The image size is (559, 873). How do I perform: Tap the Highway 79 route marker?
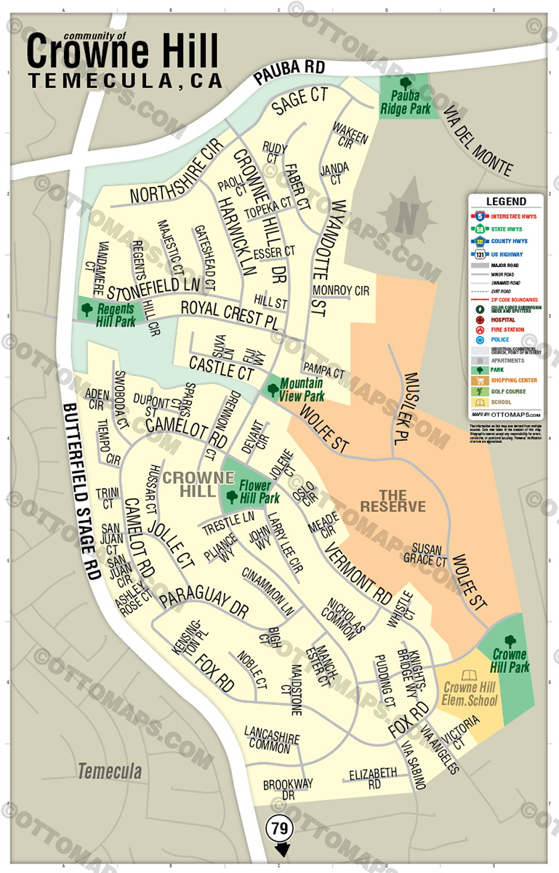[x=279, y=828]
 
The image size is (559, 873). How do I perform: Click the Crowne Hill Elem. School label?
[x=470, y=694]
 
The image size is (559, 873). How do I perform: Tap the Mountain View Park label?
[x=302, y=390]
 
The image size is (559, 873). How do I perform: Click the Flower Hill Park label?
[x=260, y=493]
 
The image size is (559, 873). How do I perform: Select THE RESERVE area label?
[x=393, y=500]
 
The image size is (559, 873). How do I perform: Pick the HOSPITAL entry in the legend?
[x=504, y=319]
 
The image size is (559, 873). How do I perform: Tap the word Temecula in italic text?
[x=110, y=770]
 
